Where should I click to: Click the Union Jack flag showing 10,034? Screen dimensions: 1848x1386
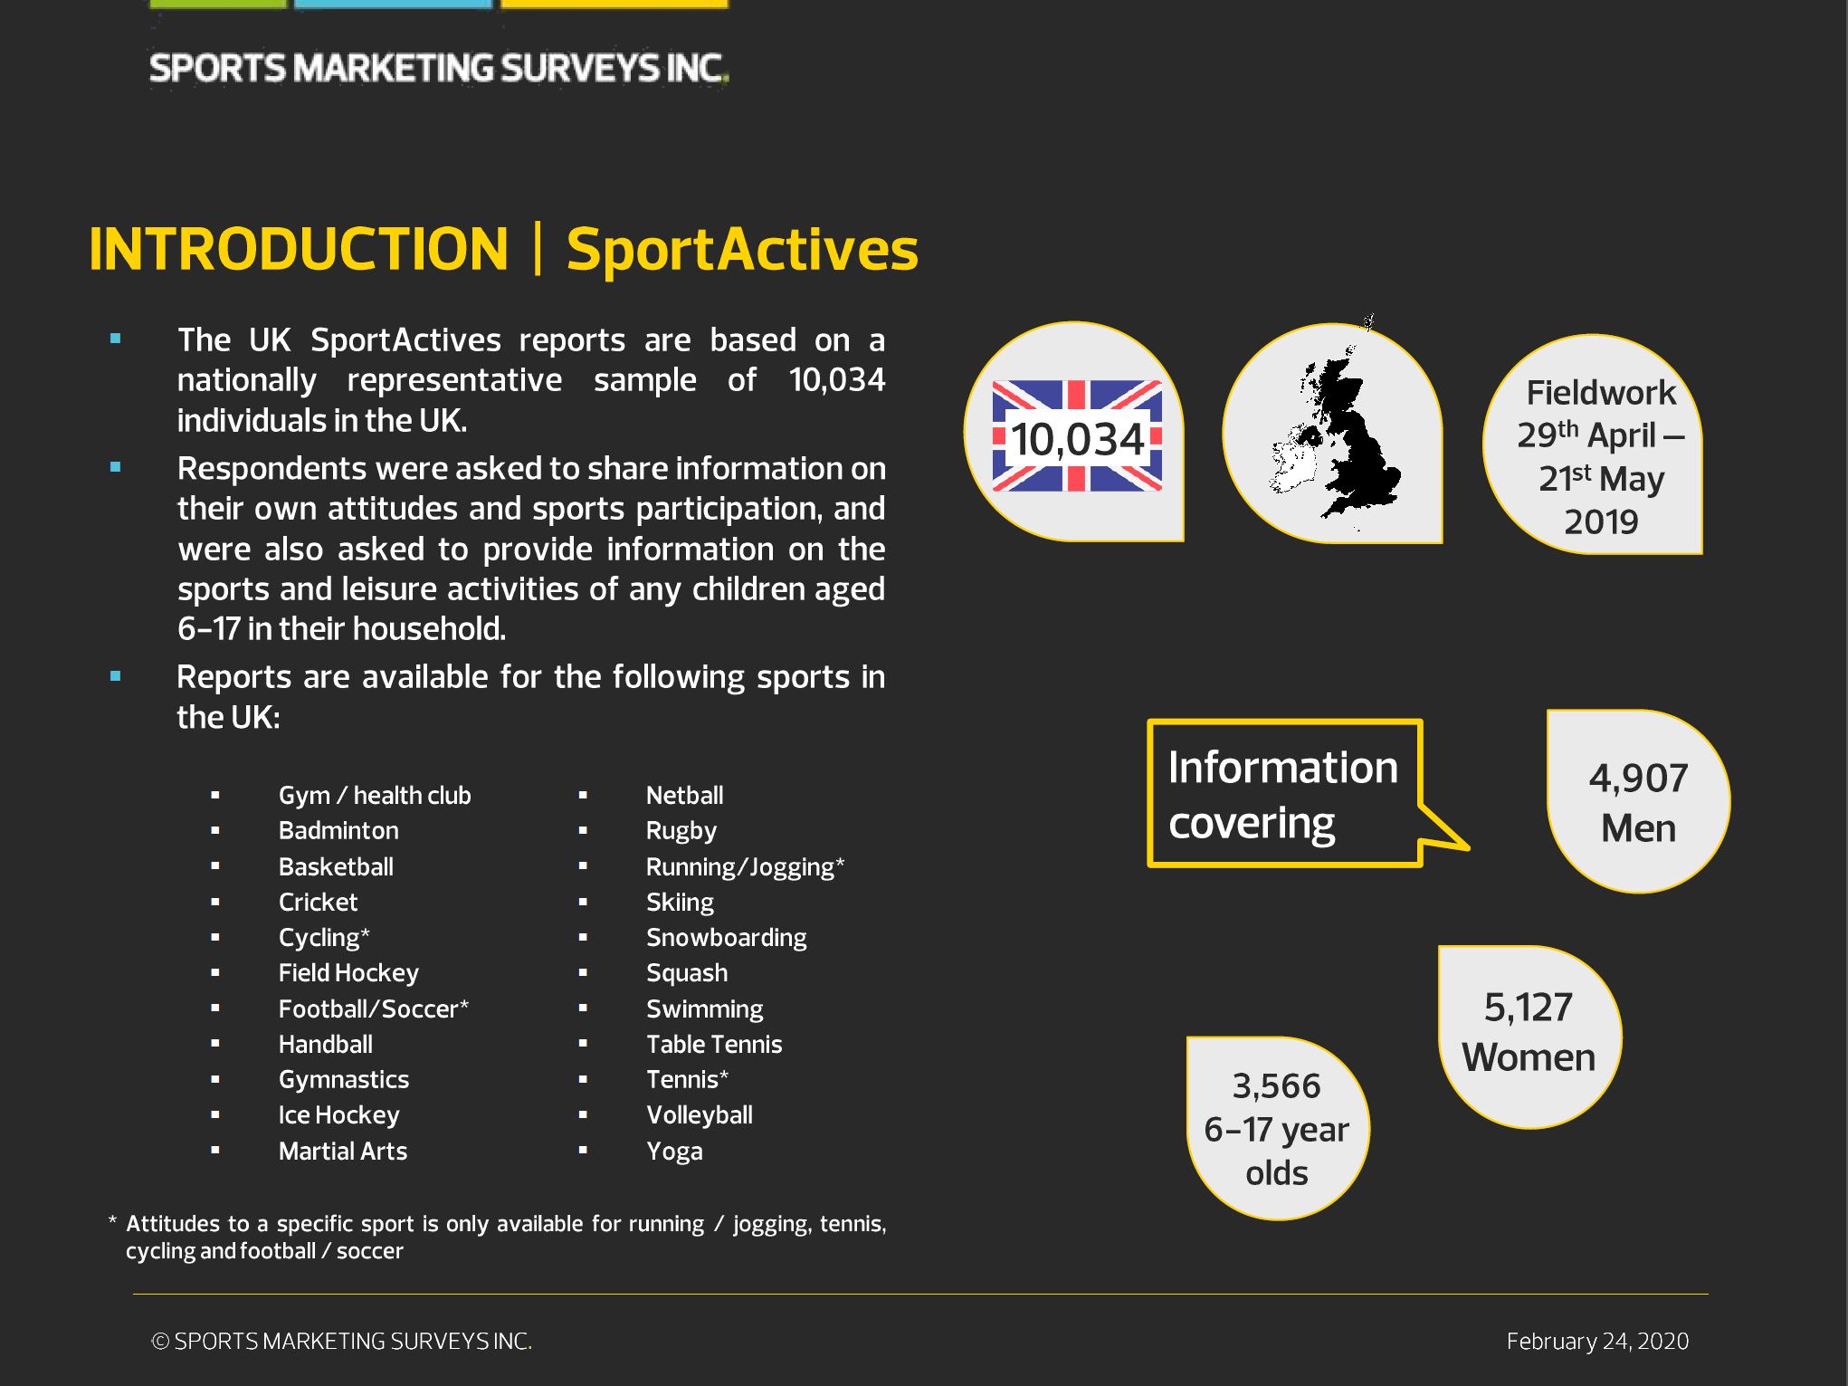pos(1077,436)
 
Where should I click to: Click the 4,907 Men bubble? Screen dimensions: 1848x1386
pos(1638,801)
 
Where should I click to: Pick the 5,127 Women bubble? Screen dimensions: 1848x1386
pos(1529,1037)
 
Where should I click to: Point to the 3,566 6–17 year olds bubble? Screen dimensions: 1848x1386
pos(1277,1128)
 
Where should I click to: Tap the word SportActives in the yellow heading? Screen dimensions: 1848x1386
pos(742,250)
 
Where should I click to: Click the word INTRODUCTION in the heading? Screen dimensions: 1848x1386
pos(299,249)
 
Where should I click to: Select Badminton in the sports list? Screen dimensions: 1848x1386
pos(338,831)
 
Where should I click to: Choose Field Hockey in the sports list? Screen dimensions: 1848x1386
pos(348,973)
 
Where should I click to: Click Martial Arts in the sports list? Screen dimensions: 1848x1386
pos(343,1152)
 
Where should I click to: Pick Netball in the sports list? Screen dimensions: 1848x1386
pos(684,796)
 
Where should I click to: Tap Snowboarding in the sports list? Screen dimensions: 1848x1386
pos(726,938)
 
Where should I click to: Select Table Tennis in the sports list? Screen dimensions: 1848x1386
pos(714,1045)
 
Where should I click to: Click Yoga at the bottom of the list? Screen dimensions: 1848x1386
pos(674,1152)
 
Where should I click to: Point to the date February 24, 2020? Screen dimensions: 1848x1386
pos(1597,1342)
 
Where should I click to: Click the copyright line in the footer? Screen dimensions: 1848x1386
pos(341,1342)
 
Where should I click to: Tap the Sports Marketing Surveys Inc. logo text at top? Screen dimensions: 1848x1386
pos(439,69)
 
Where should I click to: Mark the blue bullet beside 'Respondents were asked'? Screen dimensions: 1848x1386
pos(115,468)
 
